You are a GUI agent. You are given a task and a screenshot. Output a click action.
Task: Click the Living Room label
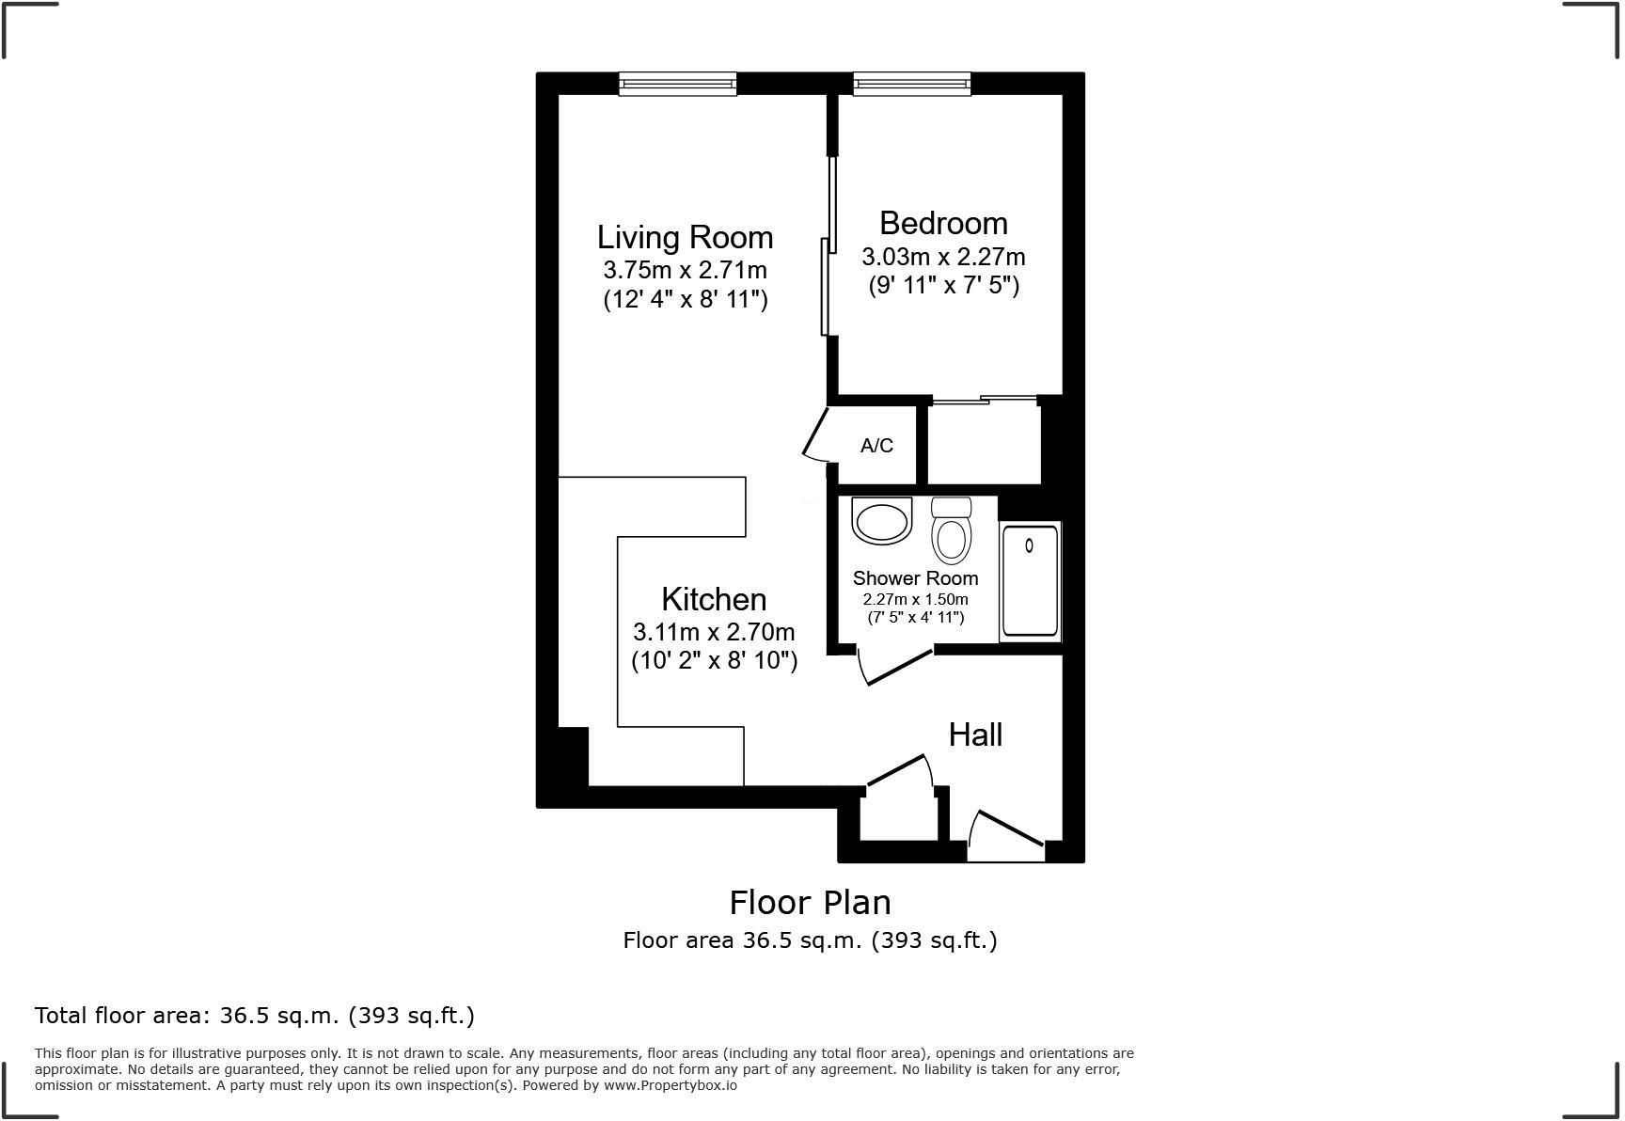pyautogui.click(x=685, y=237)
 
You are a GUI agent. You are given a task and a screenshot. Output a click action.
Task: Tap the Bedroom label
pyautogui.click(x=943, y=223)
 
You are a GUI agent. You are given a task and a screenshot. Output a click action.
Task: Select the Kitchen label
pyautogui.click(x=714, y=599)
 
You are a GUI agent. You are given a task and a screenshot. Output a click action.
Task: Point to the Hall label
pyautogui.click(x=975, y=734)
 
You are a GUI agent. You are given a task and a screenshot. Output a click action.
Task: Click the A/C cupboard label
pyautogui.click(x=876, y=445)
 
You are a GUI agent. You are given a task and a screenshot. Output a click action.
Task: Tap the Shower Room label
pyautogui.click(x=915, y=578)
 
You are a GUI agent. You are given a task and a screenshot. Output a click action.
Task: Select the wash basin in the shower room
pyautogui.click(x=882, y=521)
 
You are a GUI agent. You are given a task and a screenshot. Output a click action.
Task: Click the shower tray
pyautogui.click(x=1030, y=581)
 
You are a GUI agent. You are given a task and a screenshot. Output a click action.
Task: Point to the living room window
pyautogui.click(x=677, y=85)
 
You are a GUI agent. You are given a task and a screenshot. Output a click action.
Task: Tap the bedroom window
pyautogui.click(x=911, y=85)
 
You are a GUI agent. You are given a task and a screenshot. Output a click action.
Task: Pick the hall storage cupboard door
pyautogui.click(x=900, y=770)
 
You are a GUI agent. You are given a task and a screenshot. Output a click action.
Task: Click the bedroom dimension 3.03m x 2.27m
pyautogui.click(x=943, y=257)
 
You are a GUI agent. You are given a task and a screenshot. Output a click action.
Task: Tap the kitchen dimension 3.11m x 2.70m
pyautogui.click(x=714, y=632)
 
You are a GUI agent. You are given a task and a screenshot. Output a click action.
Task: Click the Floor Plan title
pyautogui.click(x=810, y=902)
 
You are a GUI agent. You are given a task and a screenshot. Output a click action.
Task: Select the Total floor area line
pyautogui.click(x=255, y=1016)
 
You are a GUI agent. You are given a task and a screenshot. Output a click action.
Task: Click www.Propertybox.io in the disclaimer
pyautogui.click(x=670, y=1085)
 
